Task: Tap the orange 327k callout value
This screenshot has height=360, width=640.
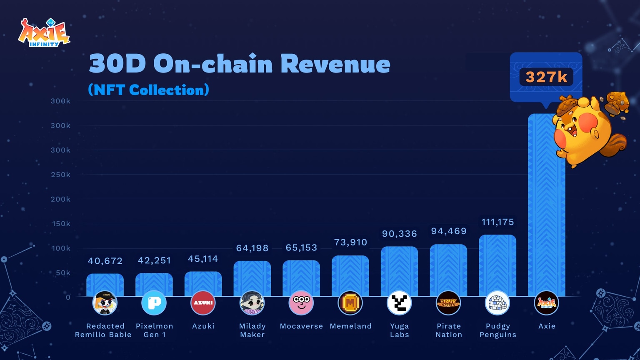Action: pos(546,77)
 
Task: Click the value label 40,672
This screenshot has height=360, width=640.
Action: pos(105,261)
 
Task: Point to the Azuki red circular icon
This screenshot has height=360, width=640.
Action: pos(203,303)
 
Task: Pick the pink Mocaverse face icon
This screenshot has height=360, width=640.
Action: pos(301,303)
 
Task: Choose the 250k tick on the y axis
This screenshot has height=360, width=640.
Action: pos(60,175)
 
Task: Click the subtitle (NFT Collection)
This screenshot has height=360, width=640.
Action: pos(148,90)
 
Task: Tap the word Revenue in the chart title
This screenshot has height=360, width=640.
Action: pos(335,64)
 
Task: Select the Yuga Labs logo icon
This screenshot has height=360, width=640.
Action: pos(399,303)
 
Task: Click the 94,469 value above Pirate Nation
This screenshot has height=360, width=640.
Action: pos(449,231)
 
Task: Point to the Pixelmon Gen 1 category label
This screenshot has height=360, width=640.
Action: pos(154,330)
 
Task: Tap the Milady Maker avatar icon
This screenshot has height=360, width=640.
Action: pos(252,303)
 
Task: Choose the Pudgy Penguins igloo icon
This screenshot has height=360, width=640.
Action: pos(497,303)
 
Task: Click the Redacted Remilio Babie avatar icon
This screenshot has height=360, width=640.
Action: pos(105,303)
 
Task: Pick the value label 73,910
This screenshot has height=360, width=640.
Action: pos(350,242)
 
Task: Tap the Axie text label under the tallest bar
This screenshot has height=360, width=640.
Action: pos(547,326)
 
